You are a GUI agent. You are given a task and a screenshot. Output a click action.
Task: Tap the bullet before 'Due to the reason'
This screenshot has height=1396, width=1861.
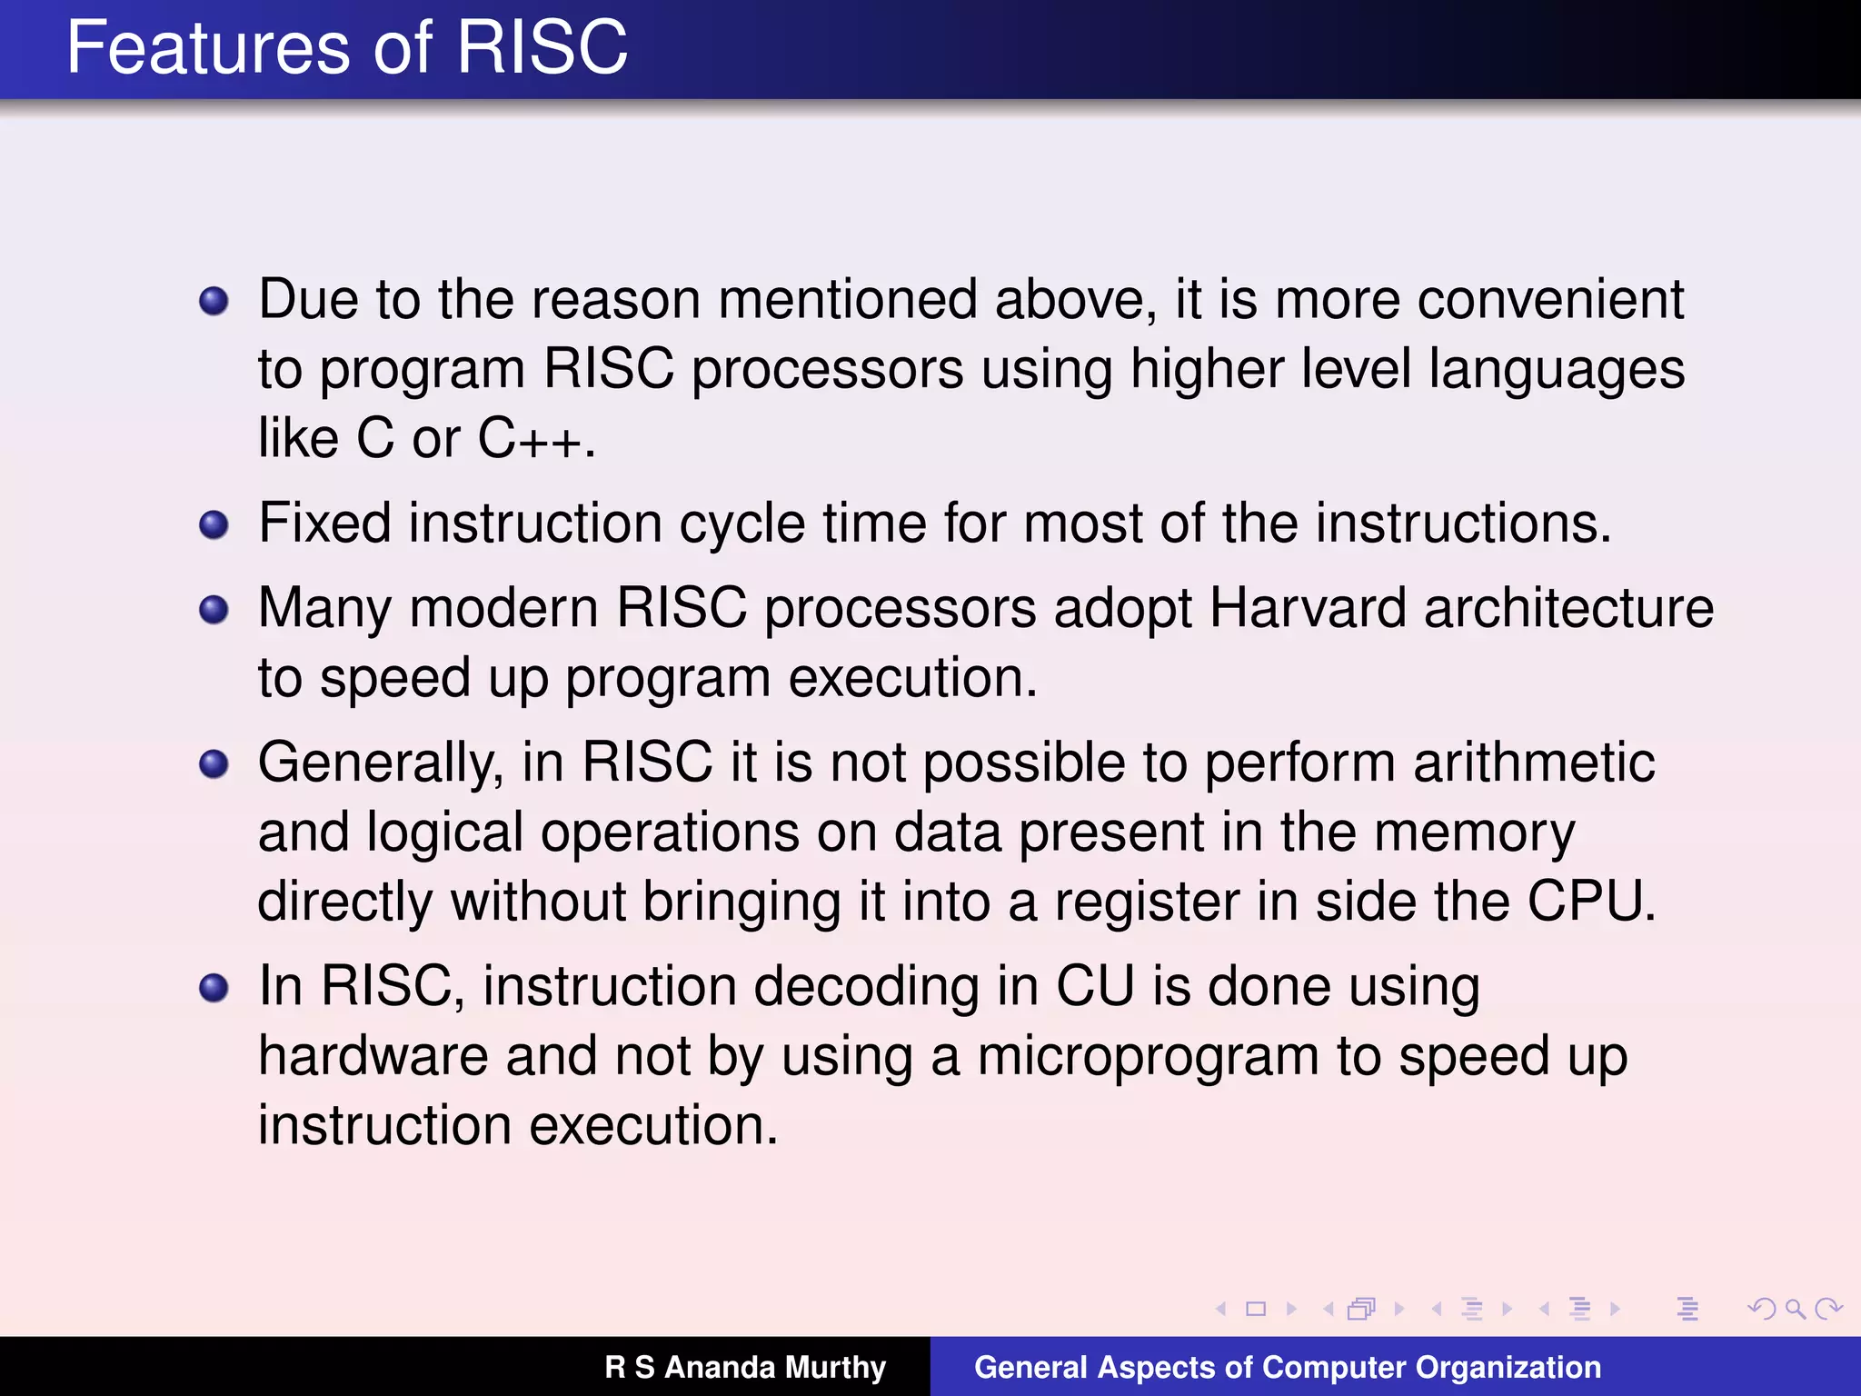coord(214,301)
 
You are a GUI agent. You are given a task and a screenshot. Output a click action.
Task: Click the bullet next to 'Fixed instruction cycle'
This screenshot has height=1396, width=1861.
coord(214,524)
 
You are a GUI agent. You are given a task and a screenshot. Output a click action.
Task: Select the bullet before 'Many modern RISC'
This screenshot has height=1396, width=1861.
coord(214,609)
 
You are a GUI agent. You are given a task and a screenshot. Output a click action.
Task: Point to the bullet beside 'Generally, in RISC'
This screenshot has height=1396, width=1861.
coord(214,763)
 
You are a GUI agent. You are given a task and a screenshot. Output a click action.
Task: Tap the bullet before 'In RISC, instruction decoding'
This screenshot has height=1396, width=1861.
coord(214,987)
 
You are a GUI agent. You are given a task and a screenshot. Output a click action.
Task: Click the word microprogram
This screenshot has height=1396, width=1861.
coord(1148,1057)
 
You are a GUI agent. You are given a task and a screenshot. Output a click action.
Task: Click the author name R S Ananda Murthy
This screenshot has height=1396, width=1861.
coord(745,1367)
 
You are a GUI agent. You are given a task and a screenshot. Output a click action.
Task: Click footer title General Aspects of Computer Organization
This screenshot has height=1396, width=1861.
coord(1287,1367)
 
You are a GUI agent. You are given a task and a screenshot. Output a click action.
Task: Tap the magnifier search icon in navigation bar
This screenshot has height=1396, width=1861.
coord(1795,1309)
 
